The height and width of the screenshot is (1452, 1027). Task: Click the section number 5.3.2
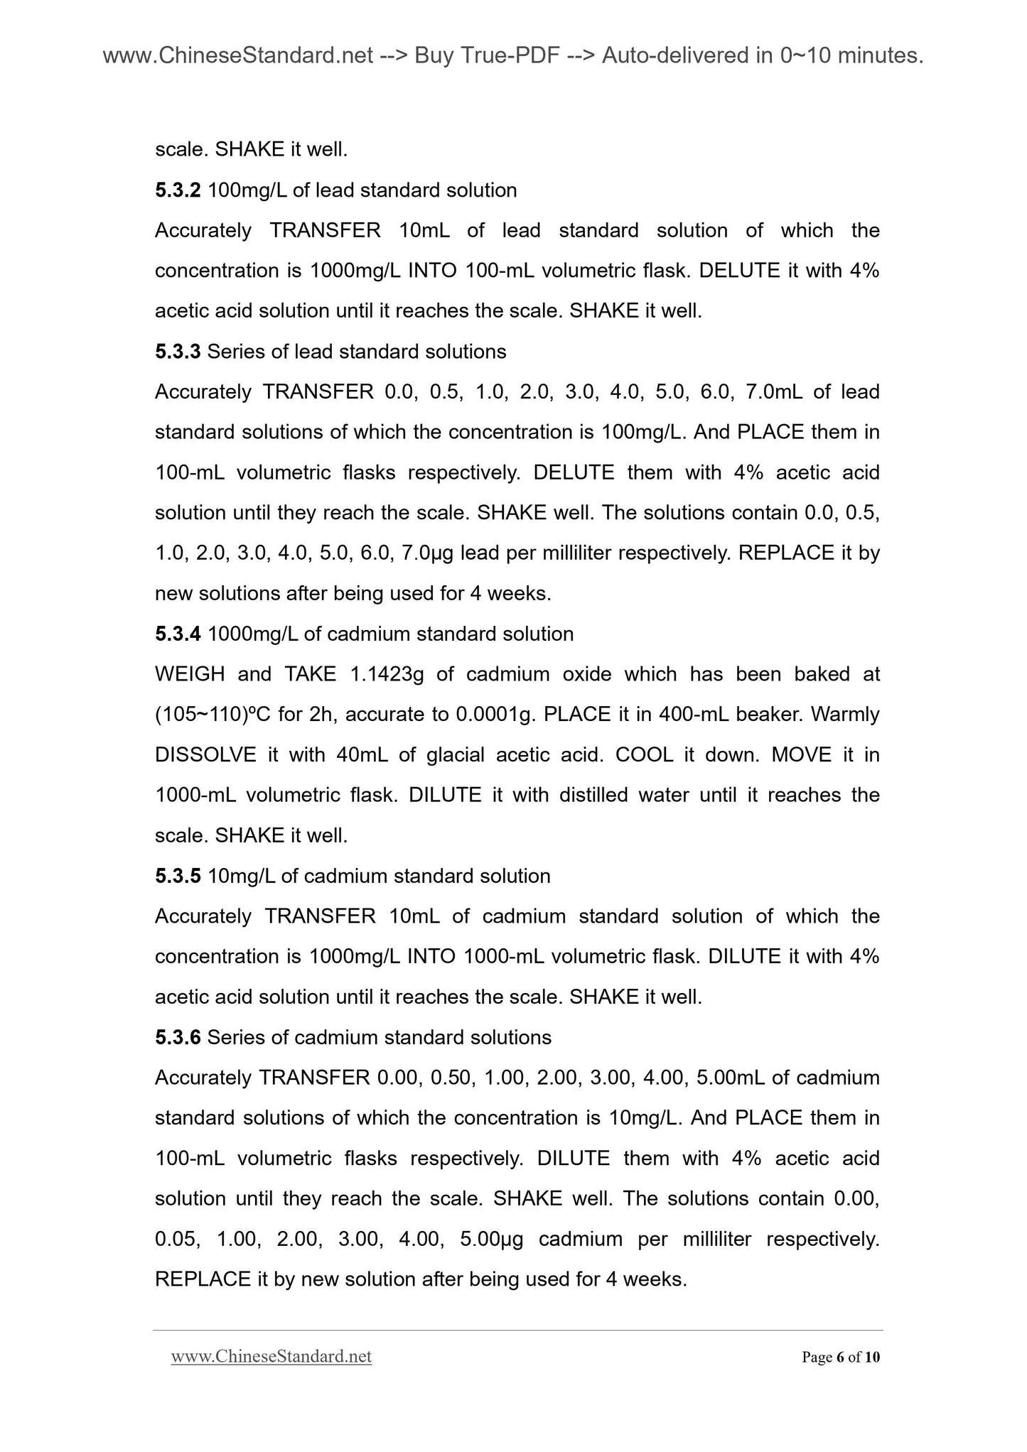(178, 190)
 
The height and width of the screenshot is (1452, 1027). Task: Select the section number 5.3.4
(178, 634)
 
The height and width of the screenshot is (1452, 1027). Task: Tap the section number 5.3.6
(178, 1037)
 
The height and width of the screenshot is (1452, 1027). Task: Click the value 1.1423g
(387, 674)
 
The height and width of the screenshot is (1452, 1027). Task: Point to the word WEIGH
(190, 674)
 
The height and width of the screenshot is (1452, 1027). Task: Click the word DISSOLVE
(205, 754)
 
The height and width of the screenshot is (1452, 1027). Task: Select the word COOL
(644, 754)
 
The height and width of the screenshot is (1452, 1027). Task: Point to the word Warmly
(845, 715)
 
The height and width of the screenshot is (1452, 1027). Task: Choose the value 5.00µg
(492, 1240)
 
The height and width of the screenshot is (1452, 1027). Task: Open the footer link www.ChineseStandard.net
(271, 1358)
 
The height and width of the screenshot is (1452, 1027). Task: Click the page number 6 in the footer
(840, 1358)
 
